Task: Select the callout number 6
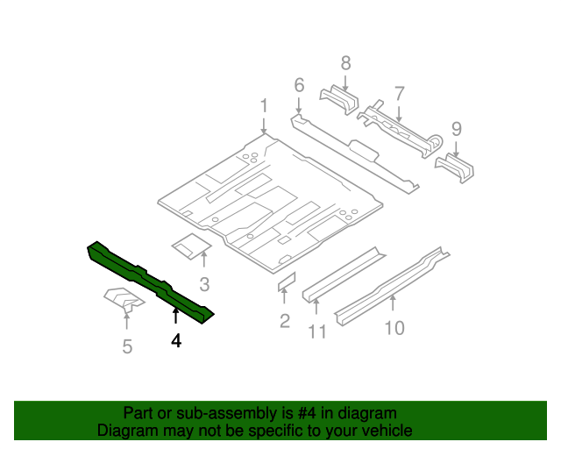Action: coord(299,85)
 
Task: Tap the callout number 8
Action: coord(345,62)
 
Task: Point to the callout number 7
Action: coord(399,93)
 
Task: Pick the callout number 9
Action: coord(457,129)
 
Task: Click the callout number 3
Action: coord(204,283)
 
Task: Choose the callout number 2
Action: coord(284,321)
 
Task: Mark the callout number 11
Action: coord(316,331)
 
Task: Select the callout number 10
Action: coord(394,327)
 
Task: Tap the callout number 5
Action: coord(127,347)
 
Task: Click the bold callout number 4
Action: coord(176,341)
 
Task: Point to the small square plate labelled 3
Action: coord(188,246)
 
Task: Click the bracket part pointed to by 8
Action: coord(338,101)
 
